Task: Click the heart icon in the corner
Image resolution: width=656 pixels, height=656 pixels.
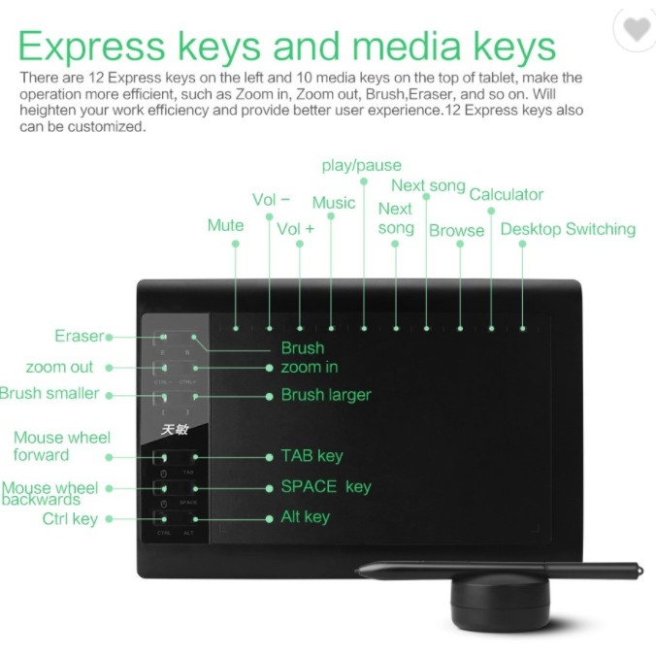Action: pyautogui.click(x=637, y=30)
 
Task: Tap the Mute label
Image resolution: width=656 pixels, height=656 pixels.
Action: pyautogui.click(x=225, y=225)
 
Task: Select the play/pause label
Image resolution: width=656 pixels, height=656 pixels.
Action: pyautogui.click(x=361, y=165)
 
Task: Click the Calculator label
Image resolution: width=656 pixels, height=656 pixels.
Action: pyautogui.click(x=506, y=194)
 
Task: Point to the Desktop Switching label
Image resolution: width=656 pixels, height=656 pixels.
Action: pyautogui.click(x=568, y=229)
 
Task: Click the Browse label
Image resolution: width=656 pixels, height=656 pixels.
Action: pyautogui.click(x=456, y=230)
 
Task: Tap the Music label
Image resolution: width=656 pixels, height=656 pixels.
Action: pyautogui.click(x=333, y=202)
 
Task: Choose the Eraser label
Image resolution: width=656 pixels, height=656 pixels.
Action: pyautogui.click(x=79, y=336)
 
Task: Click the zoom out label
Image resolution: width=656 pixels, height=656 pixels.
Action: pyautogui.click(x=59, y=367)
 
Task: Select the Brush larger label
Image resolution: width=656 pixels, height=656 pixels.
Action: pyautogui.click(x=325, y=395)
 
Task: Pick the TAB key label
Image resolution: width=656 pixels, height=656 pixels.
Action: pyautogui.click(x=312, y=455)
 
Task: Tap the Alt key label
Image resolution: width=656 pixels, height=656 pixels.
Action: pyautogui.click(x=305, y=516)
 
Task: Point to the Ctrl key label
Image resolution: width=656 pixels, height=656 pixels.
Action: pyautogui.click(x=70, y=518)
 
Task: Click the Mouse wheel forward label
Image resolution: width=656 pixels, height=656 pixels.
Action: pyautogui.click(x=61, y=446)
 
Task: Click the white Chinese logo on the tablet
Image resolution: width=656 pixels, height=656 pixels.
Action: pyautogui.click(x=175, y=429)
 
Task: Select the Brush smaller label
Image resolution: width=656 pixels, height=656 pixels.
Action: pyautogui.click(x=49, y=393)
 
